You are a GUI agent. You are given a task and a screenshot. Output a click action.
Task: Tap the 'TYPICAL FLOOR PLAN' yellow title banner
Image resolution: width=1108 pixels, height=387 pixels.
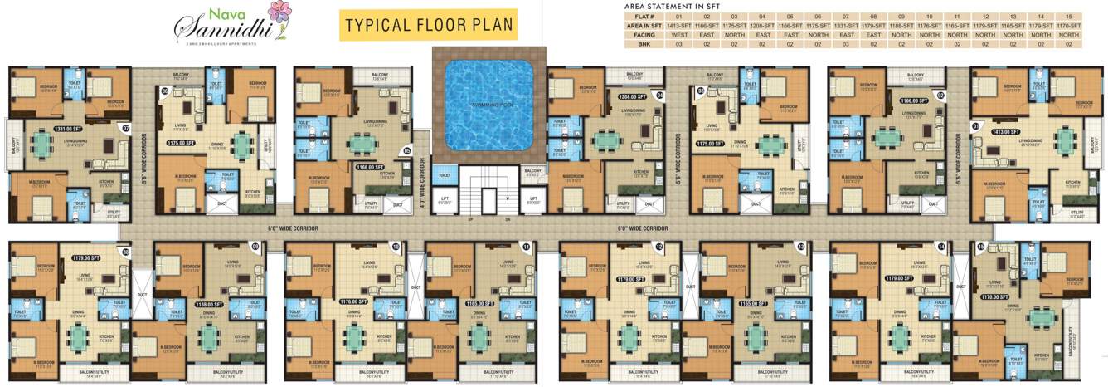pos(428,25)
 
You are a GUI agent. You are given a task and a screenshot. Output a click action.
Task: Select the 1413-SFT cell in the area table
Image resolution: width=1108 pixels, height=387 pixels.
pos(678,27)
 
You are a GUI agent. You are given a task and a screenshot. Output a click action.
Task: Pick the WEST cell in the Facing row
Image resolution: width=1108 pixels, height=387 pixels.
pos(678,35)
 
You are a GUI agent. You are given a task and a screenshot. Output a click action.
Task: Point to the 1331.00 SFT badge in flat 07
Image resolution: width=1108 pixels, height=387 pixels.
pos(66,129)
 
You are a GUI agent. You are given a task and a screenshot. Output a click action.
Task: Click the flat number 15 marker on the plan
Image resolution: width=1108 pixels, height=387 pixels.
pos(981,247)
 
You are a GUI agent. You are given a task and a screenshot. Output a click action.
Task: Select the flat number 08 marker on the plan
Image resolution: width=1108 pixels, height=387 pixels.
pos(126,251)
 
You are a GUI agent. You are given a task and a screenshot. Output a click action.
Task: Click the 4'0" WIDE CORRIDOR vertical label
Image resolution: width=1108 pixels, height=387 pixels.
pos(421,177)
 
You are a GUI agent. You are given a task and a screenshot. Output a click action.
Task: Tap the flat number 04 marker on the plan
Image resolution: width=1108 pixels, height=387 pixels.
pos(660,96)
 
